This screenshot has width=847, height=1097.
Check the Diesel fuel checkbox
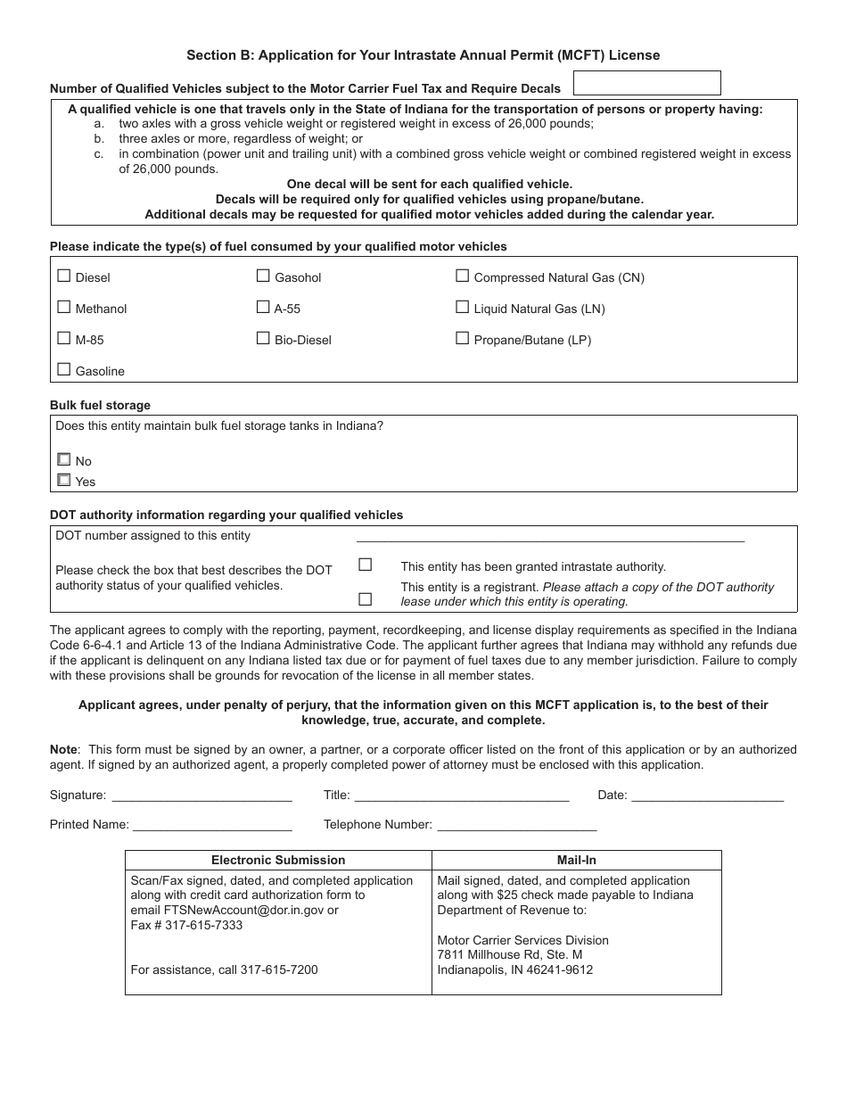click(64, 276)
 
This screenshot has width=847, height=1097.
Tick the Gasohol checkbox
click(263, 276)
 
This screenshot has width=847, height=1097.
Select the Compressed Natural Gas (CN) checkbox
click(462, 276)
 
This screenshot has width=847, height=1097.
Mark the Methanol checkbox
click(64, 307)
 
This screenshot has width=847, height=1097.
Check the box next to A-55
click(263, 307)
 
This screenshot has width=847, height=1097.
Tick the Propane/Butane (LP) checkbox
click(462, 338)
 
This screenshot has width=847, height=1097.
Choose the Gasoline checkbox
click(64, 369)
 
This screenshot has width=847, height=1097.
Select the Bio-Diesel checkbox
click(263, 338)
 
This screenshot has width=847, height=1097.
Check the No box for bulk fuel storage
click(64, 459)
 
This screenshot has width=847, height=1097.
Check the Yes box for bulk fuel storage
click(64, 480)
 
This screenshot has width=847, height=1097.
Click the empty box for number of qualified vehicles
click(646, 83)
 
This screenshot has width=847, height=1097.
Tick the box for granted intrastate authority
click(365, 565)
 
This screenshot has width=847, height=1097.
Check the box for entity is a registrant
click(365, 599)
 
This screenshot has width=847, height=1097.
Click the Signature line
click(201, 796)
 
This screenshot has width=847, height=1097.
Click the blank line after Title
click(461, 796)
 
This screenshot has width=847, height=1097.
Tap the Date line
click(707, 796)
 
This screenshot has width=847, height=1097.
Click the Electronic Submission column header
click(278, 860)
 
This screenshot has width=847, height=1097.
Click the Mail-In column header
click(577, 860)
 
